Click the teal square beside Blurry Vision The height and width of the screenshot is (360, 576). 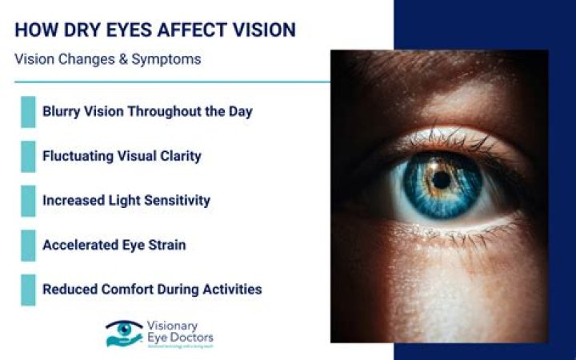(x=28, y=112)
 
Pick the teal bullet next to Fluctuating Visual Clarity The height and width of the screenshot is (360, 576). (x=28, y=156)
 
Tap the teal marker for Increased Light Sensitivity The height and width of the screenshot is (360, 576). (x=28, y=201)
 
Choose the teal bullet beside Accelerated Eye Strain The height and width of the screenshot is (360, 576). (x=28, y=245)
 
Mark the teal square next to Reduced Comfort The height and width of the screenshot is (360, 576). (x=28, y=290)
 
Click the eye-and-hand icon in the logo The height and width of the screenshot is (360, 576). (x=124, y=333)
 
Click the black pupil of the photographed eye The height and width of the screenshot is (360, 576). (x=440, y=179)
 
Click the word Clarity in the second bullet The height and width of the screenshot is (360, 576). (x=178, y=156)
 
